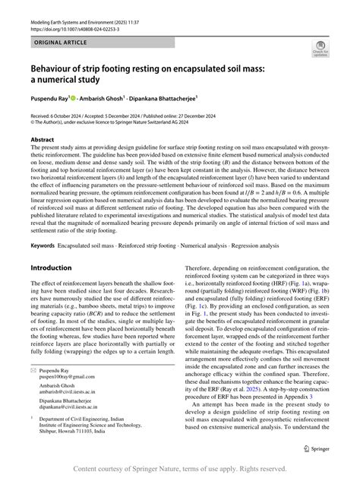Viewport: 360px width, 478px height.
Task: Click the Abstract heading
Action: (42, 141)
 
